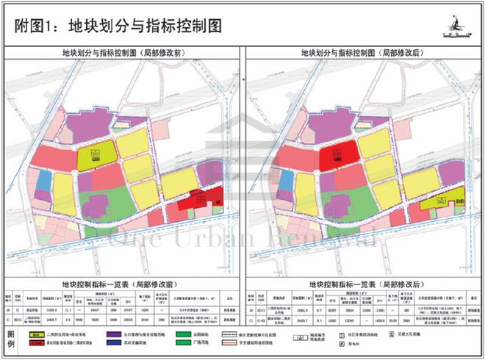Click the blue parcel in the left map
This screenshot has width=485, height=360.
pyautogui.click(x=45, y=181)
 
